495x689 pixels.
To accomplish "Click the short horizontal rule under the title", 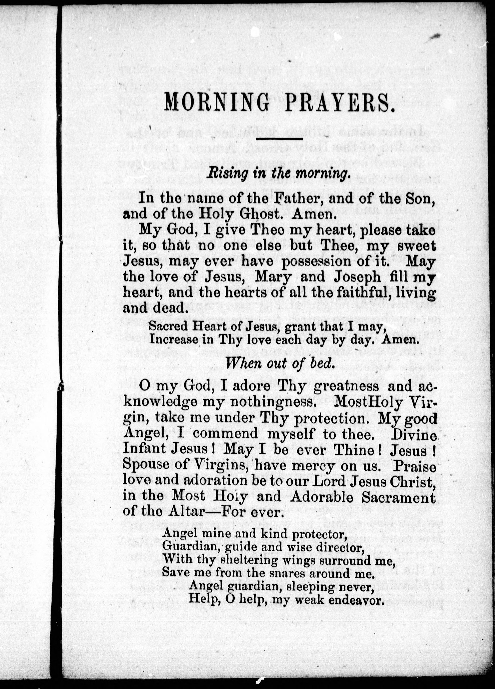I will tap(280, 139).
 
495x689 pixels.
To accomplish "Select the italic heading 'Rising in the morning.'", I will tap(277, 174).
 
